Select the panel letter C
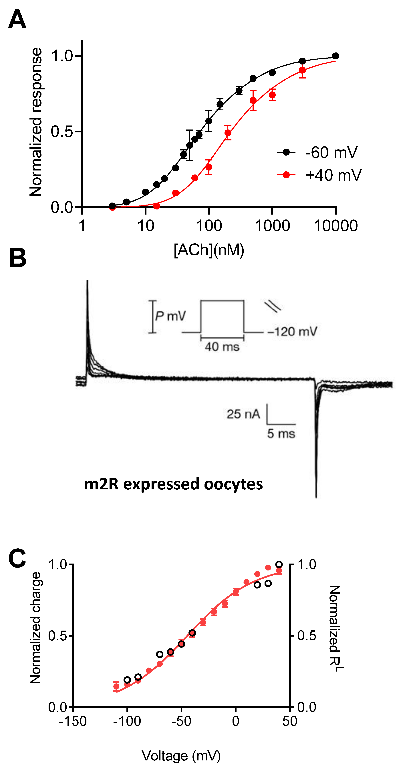[17, 558]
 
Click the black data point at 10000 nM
[335, 56]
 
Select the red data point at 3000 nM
[302, 70]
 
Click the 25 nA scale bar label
[243, 414]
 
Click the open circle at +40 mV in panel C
[279, 564]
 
